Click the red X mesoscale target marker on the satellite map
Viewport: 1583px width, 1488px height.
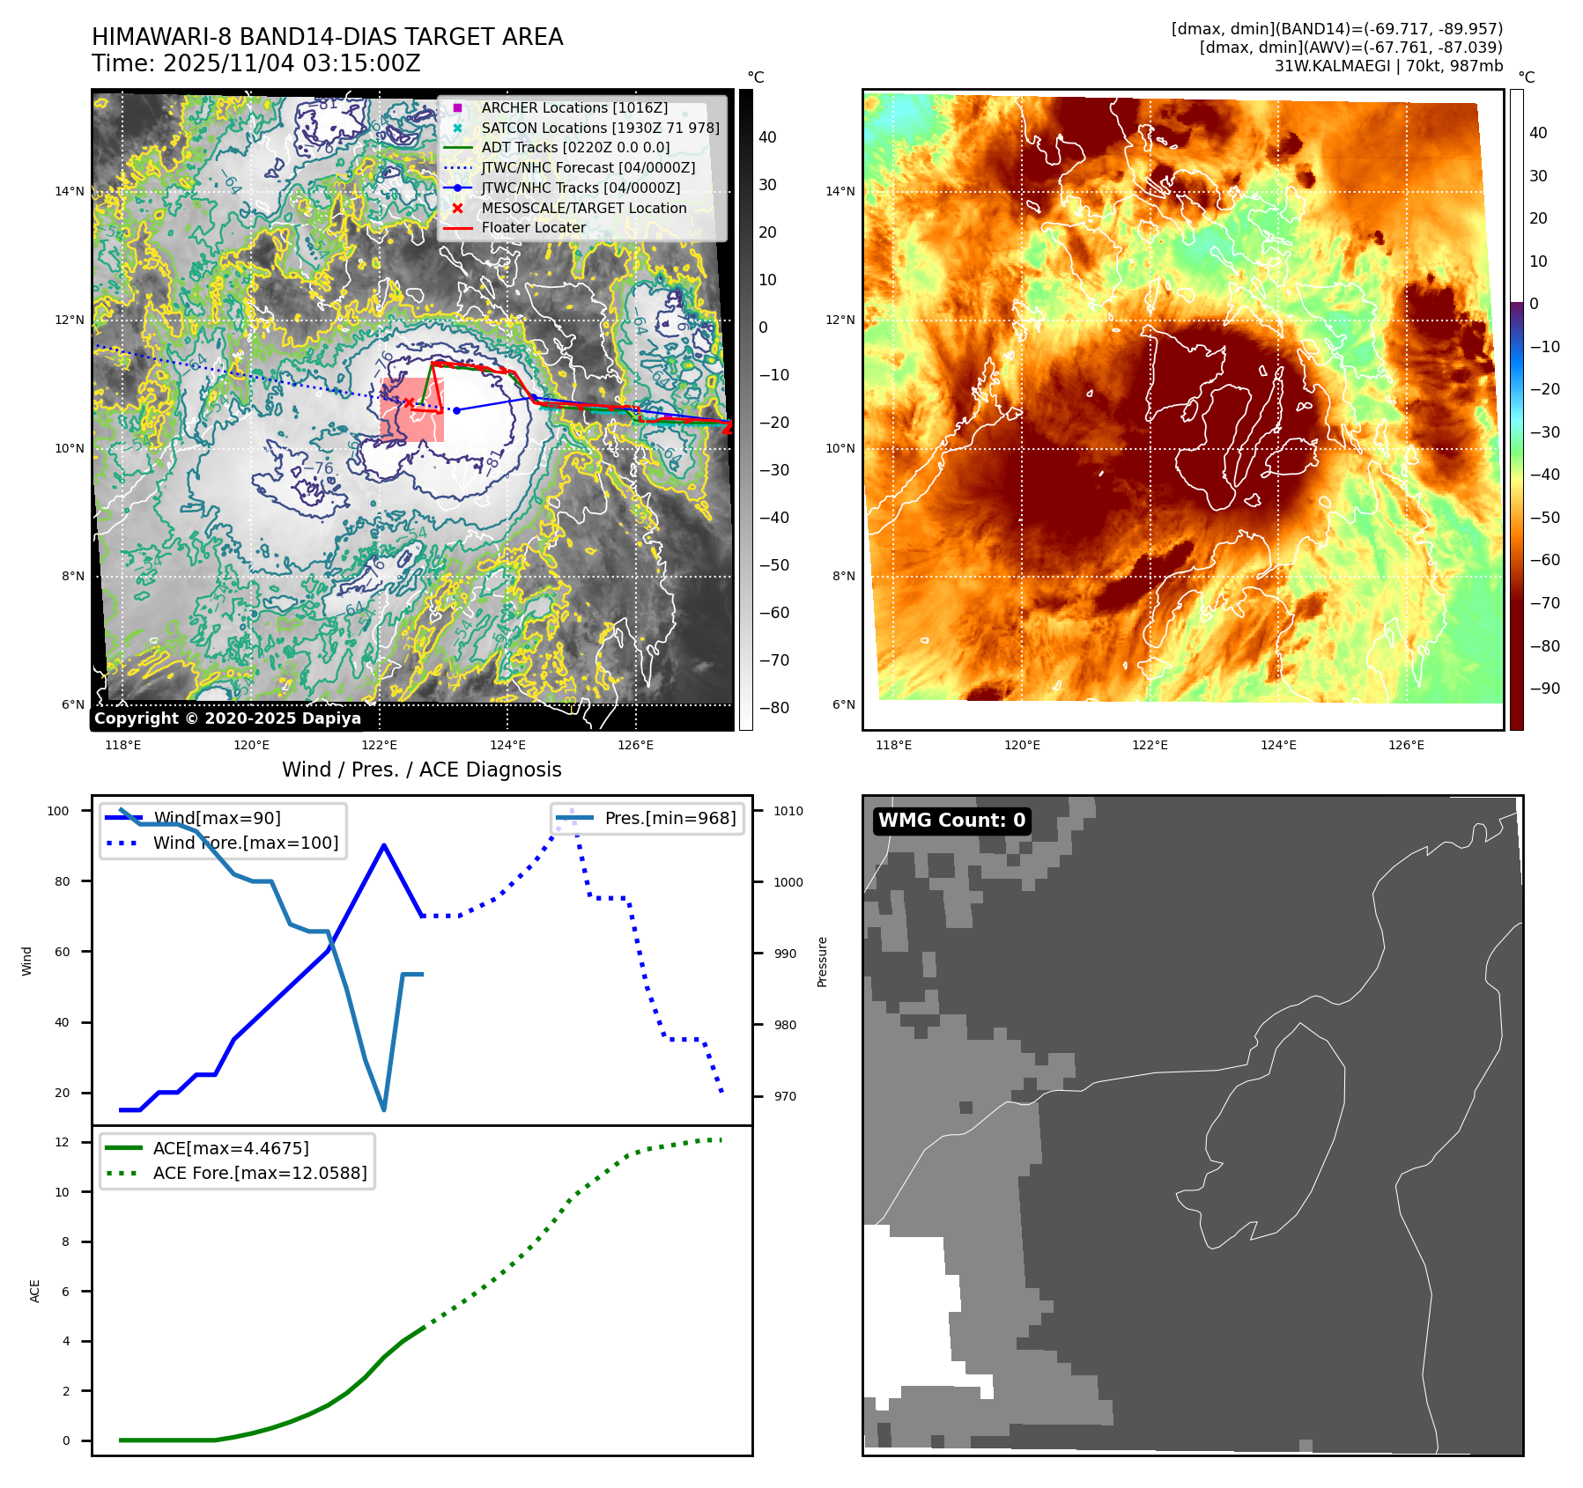tap(409, 402)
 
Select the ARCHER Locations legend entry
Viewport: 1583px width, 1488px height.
tap(573, 107)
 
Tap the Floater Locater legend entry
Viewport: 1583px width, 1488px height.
tap(533, 227)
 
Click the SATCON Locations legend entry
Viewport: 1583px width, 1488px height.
tap(599, 128)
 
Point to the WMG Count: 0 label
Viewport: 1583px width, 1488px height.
tap(951, 821)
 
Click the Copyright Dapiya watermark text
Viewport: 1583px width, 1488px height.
tap(227, 718)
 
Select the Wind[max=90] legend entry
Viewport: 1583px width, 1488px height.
tap(217, 818)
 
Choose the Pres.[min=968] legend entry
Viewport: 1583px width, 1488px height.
tap(669, 818)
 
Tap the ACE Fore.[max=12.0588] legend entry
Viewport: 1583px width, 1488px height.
tap(259, 1173)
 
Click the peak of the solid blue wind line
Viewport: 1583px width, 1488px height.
tap(384, 845)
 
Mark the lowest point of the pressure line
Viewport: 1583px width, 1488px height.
tap(384, 1109)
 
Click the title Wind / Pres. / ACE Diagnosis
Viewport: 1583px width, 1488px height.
tap(421, 770)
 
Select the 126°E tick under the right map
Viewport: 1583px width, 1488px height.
tap(1406, 745)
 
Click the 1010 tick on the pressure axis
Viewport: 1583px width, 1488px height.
tap(788, 811)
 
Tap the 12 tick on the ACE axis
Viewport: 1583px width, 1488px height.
tap(62, 1142)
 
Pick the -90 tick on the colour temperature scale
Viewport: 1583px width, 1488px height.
tap(1544, 689)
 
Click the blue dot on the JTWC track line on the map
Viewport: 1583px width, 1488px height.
tap(456, 410)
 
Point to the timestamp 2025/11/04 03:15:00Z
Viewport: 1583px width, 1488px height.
tap(292, 63)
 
